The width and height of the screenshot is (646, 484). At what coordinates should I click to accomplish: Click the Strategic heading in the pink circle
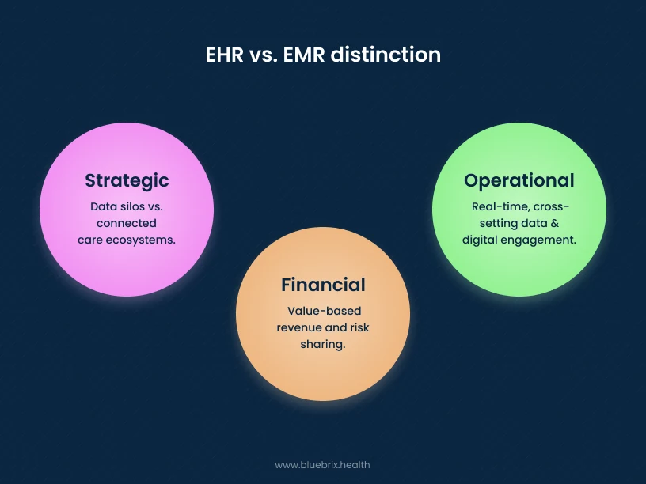(127, 180)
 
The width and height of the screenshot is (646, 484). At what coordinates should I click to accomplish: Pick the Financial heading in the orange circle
(323, 285)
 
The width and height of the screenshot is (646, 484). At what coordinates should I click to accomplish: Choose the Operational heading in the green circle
(519, 180)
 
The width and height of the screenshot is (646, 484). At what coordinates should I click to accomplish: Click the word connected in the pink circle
(127, 223)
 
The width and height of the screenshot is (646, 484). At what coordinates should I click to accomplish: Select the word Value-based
(323, 312)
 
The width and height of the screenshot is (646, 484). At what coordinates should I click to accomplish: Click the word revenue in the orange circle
(299, 327)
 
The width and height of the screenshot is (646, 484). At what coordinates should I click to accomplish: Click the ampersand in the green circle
(555, 223)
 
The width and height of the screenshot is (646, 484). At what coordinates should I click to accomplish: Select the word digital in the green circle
(480, 239)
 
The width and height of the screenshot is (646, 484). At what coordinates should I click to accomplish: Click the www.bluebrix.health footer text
(322, 465)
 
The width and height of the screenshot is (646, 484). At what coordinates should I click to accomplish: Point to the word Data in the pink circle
(103, 207)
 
